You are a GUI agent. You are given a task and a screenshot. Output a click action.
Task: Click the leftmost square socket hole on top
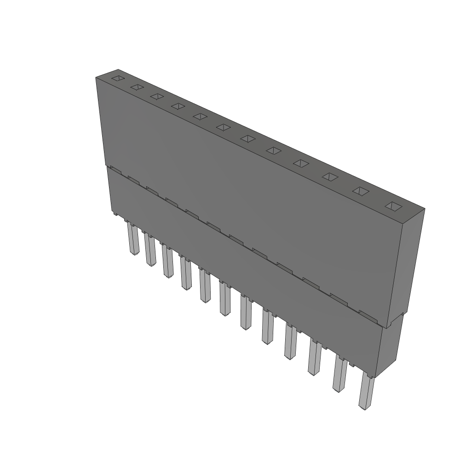tap(118, 78)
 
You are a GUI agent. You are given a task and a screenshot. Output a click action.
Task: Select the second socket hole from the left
tap(137, 87)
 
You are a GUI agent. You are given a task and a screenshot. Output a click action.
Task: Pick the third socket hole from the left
tap(157, 96)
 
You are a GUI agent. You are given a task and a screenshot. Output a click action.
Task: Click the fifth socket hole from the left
tap(200, 116)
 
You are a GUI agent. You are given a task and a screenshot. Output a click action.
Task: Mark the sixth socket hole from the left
tap(223, 127)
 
